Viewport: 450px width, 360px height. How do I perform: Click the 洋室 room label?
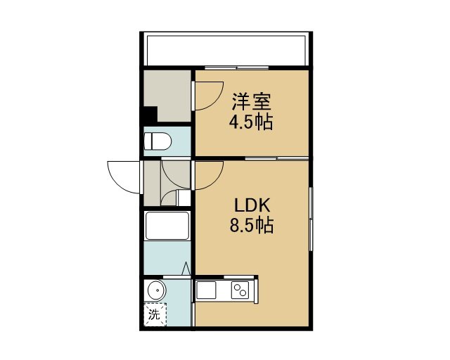(252, 102)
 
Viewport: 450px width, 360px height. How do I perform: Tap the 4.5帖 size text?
(251, 122)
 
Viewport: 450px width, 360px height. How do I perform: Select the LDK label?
(252, 205)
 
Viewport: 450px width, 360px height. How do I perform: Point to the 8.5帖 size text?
(252, 225)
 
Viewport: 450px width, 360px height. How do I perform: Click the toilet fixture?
(157, 141)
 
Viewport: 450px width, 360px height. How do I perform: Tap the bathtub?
(167, 226)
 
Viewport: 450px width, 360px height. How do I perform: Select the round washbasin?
(156, 290)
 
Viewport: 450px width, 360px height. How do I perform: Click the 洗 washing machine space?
(155, 314)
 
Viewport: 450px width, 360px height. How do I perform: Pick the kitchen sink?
(206, 290)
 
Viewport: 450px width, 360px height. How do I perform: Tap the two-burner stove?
(240, 290)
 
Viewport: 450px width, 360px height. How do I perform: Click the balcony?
(226, 50)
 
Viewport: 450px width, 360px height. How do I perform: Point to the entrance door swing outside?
(124, 177)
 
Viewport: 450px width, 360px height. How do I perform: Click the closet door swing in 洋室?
(207, 96)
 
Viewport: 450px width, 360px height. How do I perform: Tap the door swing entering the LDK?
(207, 175)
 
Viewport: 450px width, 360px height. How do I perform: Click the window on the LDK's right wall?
(311, 219)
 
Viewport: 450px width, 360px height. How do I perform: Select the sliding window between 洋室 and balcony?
(237, 68)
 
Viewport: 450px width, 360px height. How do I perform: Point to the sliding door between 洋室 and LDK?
(277, 158)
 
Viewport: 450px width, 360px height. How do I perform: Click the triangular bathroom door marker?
(186, 269)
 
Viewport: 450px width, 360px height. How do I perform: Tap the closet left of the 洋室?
(167, 96)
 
